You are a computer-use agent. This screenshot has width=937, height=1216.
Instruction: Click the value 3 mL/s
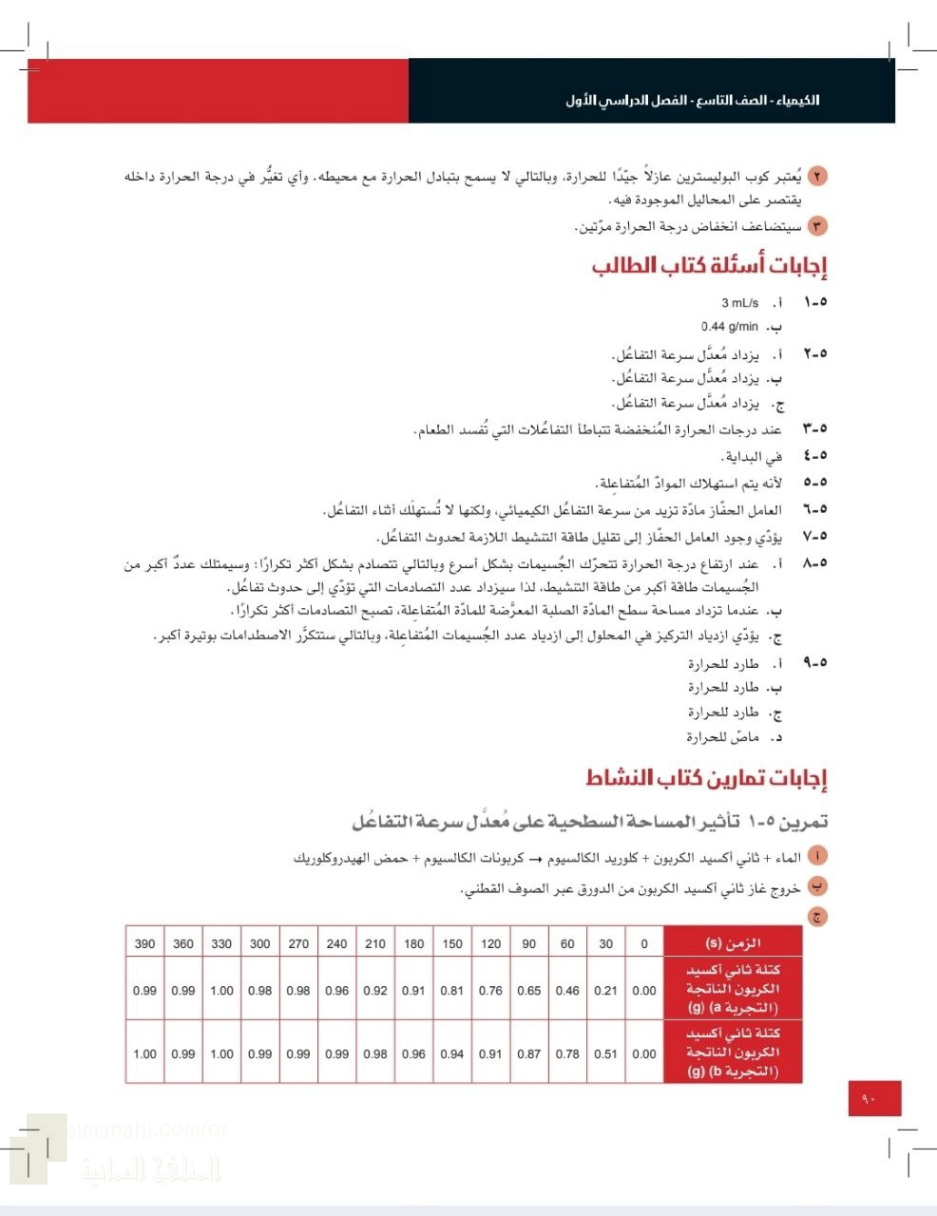pos(739,303)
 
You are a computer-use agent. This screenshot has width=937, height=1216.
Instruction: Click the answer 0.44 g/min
pos(730,328)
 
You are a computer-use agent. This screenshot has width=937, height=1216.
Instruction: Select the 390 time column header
pos(144,943)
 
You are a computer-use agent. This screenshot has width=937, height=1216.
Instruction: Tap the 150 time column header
pos(452,943)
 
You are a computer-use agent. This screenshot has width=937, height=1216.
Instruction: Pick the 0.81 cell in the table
pos(452,990)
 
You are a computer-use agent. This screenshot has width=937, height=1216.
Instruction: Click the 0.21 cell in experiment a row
pos(605,990)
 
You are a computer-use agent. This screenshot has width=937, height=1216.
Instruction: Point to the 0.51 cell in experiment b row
pos(605,1054)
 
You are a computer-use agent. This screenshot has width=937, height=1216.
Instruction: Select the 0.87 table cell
pos(529,1054)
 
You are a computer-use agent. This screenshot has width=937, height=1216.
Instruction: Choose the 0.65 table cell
pos(529,990)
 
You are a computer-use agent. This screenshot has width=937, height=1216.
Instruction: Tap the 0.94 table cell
pos(452,1054)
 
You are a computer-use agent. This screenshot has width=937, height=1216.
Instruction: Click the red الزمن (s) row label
pos(733,943)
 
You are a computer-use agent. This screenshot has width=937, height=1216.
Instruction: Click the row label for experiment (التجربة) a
pos(733,989)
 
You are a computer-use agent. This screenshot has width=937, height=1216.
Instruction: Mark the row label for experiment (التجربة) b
pos(733,1053)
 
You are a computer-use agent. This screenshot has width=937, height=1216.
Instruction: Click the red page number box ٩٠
pos(873,1098)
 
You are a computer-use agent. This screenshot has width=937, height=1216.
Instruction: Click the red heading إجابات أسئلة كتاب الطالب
pos(709,265)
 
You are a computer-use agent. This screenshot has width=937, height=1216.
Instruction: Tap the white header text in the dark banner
pos(692,101)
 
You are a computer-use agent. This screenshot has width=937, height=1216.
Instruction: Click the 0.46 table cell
pos(567,990)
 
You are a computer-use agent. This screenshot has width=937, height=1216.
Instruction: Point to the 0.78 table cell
pos(567,1054)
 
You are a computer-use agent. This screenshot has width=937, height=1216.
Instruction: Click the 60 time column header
pos(567,943)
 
